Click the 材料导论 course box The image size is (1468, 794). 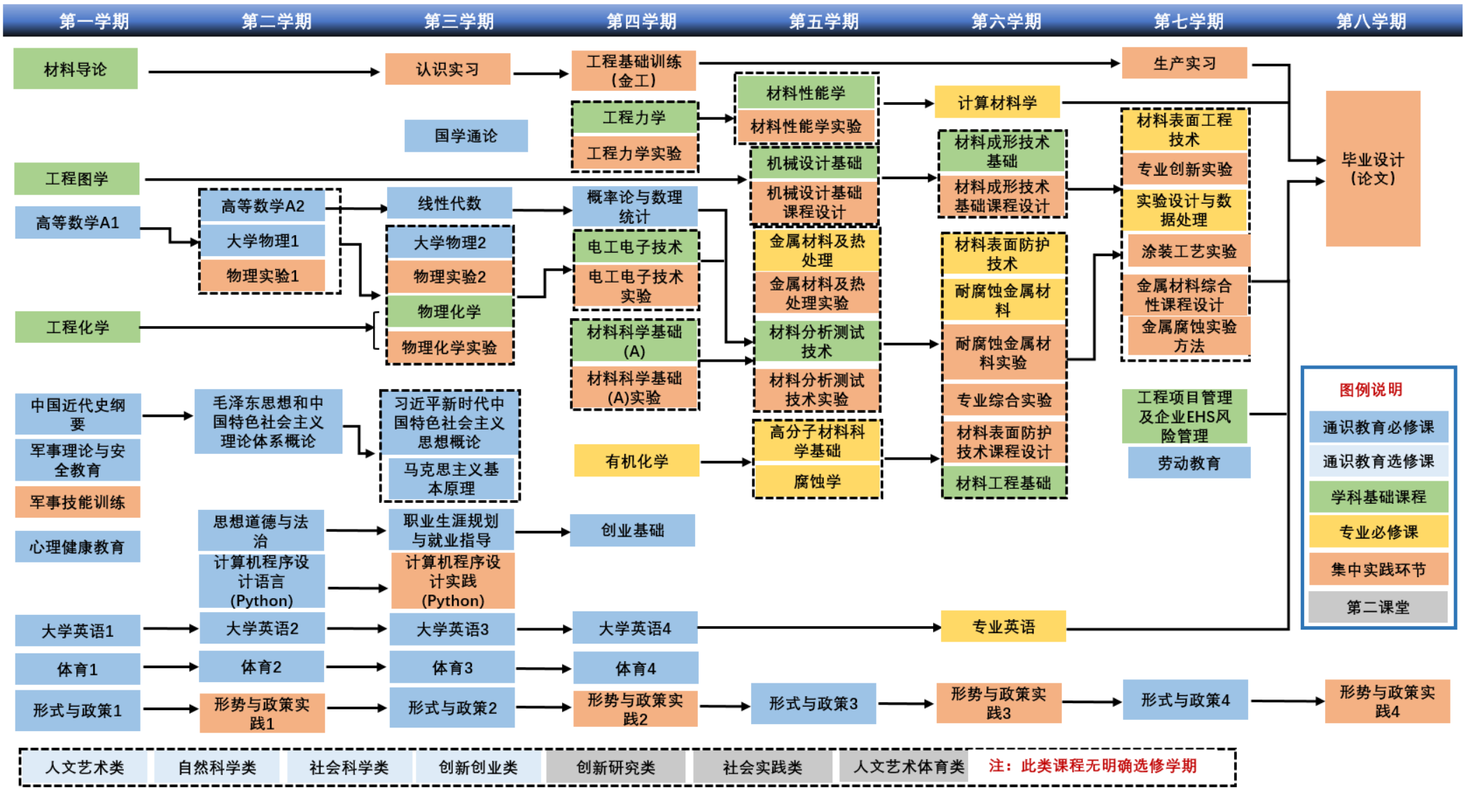click(76, 69)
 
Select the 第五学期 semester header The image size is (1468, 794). click(823, 21)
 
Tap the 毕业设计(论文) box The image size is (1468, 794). click(1372, 169)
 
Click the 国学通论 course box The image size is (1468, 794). click(466, 136)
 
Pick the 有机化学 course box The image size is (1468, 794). click(636, 461)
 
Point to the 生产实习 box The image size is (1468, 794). click(1184, 64)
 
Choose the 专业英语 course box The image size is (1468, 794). click(1003, 627)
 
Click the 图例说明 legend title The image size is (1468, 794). click(1371, 390)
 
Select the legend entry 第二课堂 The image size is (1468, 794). click(1378, 607)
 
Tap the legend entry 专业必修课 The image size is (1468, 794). click(1378, 532)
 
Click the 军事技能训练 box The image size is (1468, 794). click(78, 502)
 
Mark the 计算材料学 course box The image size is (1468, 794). click(997, 103)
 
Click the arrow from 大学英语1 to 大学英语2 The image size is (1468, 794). click(170, 629)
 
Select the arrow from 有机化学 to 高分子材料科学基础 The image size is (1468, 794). click(726, 462)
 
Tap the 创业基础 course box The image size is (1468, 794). click(632, 530)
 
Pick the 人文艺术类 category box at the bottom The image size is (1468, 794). click(85, 767)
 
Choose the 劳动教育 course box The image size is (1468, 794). click(1189, 463)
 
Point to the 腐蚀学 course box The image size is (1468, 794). click(817, 481)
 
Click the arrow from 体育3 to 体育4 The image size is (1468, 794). click(544, 669)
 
